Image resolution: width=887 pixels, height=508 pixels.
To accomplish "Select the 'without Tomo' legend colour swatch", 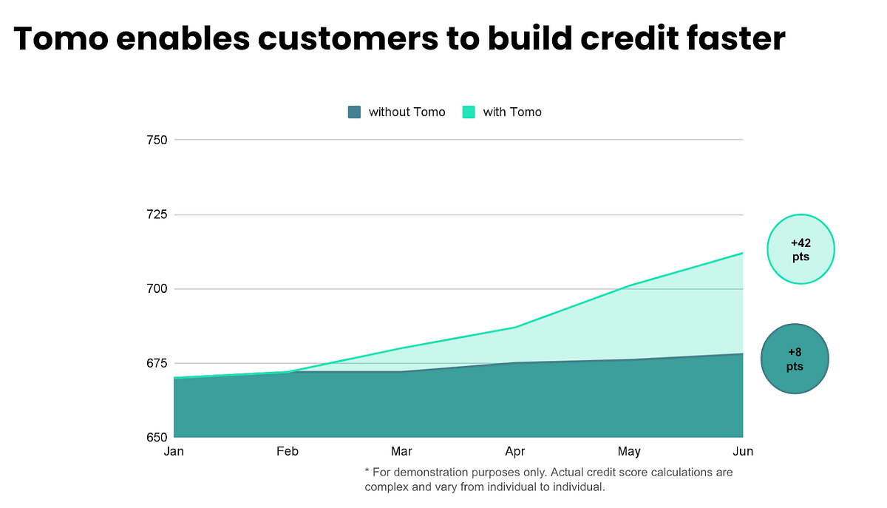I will [355, 112].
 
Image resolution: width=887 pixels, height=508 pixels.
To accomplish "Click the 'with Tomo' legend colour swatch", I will [469, 112].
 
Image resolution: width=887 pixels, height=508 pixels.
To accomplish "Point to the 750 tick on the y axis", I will [157, 140].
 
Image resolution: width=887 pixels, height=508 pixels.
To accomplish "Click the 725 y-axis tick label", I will [157, 214].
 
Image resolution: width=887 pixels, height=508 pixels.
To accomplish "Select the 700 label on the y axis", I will [157, 288].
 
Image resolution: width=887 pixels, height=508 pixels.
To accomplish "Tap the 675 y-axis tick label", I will [157, 363].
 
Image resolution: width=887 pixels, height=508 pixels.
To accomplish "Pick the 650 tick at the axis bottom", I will [157, 437].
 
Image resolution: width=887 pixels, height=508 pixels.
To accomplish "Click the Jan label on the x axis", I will [174, 451].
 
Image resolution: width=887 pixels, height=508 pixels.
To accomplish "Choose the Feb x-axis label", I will [288, 451].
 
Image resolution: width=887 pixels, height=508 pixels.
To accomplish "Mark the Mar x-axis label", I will [401, 451].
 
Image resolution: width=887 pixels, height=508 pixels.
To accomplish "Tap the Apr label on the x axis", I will [515, 451].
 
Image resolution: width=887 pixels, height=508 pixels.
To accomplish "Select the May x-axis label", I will [629, 451].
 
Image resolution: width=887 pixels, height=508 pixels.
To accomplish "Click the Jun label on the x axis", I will [743, 451].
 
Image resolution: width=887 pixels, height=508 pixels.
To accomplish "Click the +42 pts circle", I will [801, 249].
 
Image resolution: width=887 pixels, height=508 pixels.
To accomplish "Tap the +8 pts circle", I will [795, 359].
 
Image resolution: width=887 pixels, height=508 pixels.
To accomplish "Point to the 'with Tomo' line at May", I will [629, 285].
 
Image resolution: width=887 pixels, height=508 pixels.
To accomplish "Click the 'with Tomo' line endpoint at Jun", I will [743, 253].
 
